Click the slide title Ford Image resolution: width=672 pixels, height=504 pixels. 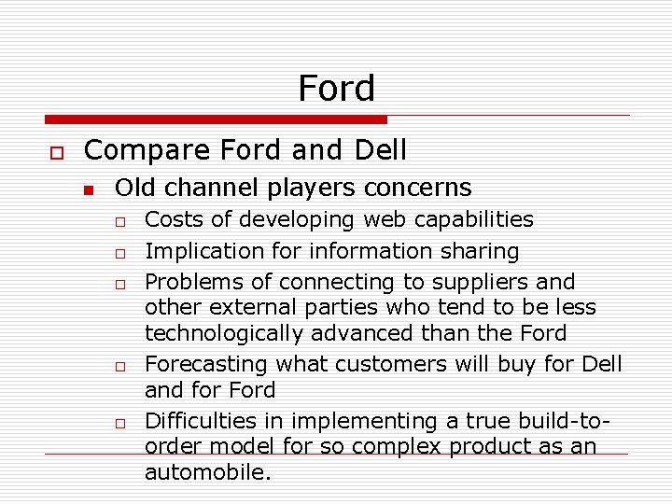click(x=336, y=89)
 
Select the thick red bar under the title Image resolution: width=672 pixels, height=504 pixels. click(x=216, y=119)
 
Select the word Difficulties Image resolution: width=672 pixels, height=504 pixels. click(x=202, y=422)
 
